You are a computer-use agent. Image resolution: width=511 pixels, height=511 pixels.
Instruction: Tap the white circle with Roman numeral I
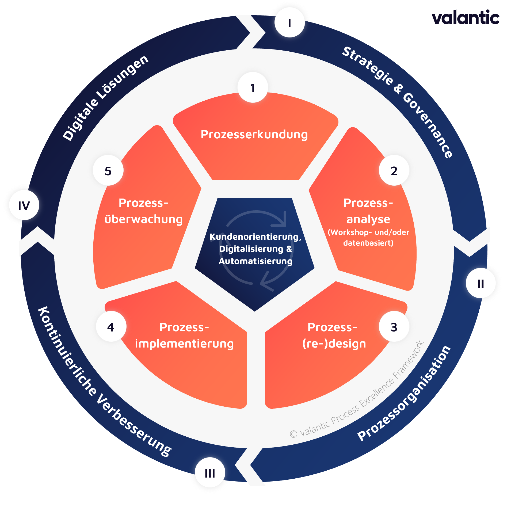pos(289,22)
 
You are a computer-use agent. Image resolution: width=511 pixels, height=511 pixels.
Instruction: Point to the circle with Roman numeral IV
pos(24,205)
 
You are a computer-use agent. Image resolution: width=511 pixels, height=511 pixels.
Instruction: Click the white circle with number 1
pos(253,87)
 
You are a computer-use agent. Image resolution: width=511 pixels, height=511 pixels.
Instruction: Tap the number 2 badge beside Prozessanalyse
pos(394,170)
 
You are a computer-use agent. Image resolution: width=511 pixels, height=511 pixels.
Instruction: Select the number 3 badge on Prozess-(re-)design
pos(394,326)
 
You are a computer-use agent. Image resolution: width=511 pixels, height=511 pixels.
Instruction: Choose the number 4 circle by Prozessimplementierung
pos(111,326)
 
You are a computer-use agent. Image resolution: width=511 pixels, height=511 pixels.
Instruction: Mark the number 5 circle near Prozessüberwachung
pos(108,170)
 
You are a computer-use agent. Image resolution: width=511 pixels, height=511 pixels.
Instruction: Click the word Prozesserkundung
pos(254,134)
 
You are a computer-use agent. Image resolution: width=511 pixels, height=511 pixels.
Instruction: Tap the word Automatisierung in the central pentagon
pos(255,261)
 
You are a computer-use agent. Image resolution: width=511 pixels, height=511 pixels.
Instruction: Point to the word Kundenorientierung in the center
pos(254,237)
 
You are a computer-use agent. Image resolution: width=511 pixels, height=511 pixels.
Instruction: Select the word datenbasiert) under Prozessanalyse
pos(368,243)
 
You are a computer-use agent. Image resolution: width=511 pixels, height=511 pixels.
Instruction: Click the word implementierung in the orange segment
pos(184,344)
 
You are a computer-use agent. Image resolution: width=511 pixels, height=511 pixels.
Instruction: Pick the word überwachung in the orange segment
pos(144,219)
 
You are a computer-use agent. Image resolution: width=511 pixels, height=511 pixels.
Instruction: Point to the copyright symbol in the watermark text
pos(293,434)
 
